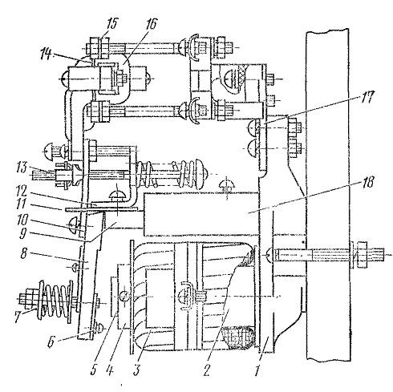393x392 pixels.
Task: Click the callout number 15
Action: point(111,24)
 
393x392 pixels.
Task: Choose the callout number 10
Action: point(22,220)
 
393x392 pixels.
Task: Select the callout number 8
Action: point(23,253)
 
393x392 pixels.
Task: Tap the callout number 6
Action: point(51,342)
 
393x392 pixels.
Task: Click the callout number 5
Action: point(92,371)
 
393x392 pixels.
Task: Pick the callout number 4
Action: point(109,371)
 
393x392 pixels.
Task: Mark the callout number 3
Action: point(136,371)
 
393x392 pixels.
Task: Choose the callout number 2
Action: point(207,371)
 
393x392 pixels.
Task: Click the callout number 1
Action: point(257,371)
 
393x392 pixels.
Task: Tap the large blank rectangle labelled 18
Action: point(201,214)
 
